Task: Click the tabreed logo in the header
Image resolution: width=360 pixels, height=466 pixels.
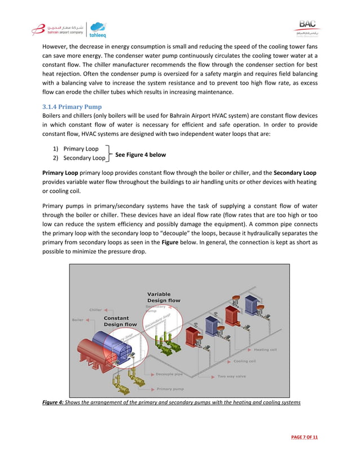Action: pyautogui.click(x=98, y=29)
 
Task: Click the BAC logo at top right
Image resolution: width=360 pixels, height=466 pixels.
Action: pyautogui.click(x=307, y=27)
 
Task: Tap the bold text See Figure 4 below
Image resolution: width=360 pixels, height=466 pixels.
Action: pyautogui.click(x=141, y=154)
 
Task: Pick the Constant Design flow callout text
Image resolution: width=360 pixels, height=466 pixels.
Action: pyautogui.click(x=120, y=322)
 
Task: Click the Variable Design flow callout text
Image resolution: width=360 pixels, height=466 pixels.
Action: pyautogui.click(x=164, y=297)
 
